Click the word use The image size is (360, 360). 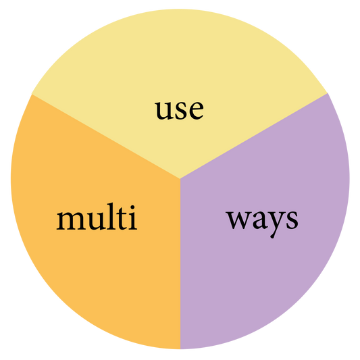pyautogui.click(x=179, y=110)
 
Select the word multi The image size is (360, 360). pyautogui.click(x=97, y=217)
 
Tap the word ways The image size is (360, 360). pyautogui.click(x=262, y=222)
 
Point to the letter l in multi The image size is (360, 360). pyautogui.click(x=111, y=216)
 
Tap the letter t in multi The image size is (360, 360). pyautogui.click(x=121, y=219)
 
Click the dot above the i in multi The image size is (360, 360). pyautogui.click(x=132, y=207)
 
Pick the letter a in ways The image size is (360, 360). pyautogui.click(x=259, y=220)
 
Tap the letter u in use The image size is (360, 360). pyautogui.click(x=164, y=111)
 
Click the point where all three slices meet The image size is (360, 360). pyautogui.click(x=180, y=178)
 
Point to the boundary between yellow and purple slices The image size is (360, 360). pyautogui.click(x=254, y=136)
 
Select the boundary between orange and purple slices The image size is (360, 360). pyautogui.click(x=180, y=264)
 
